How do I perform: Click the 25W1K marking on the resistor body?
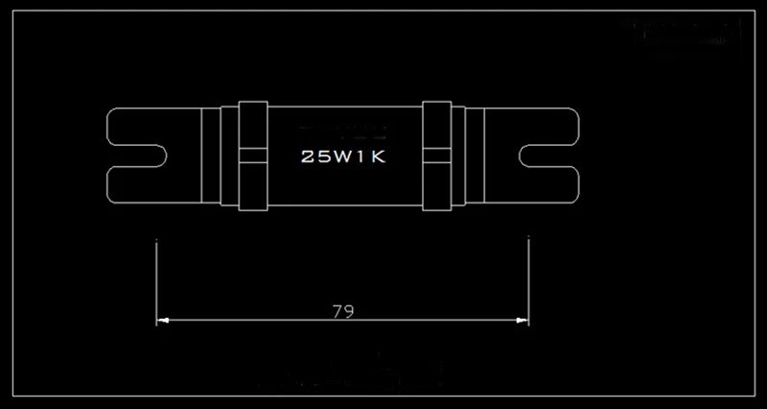[342, 156]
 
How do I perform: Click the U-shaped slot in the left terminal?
[153, 156]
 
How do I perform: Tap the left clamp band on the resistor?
[251, 156]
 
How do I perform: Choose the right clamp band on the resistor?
[436, 156]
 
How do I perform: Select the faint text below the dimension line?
[340, 377]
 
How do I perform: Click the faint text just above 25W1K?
[342, 128]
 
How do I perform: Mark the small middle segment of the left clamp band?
[251, 156]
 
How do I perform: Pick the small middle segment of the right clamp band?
[436, 156]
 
